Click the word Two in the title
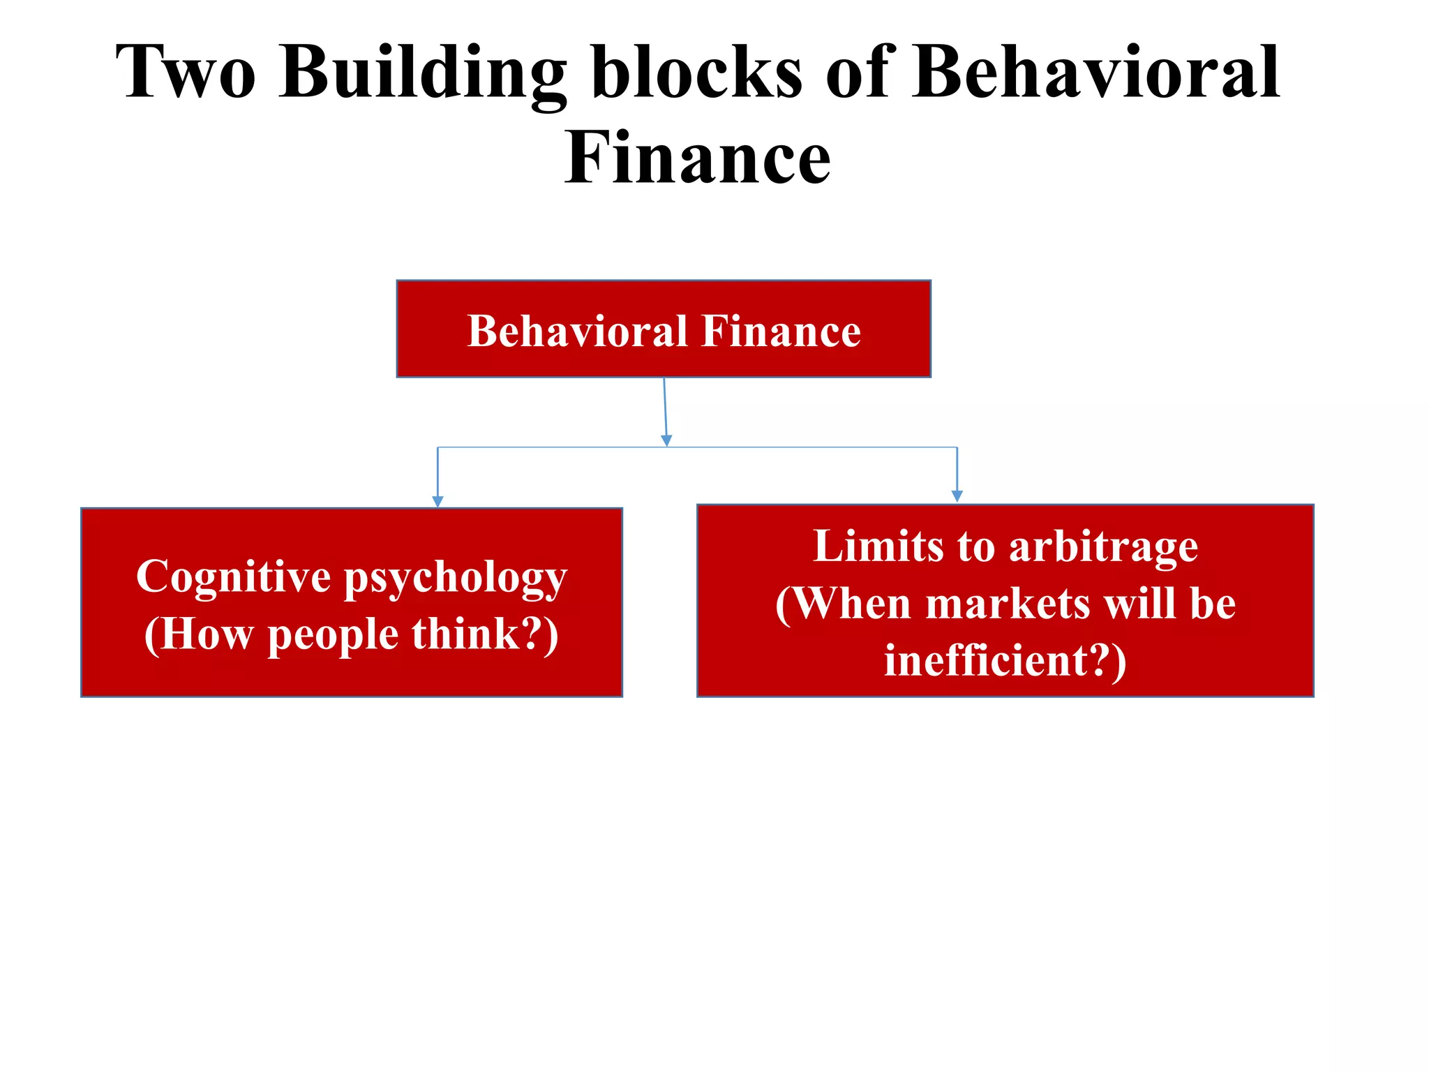tap(186, 73)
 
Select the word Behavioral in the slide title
tap(1096, 73)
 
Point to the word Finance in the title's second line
tap(698, 159)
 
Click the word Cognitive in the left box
tap(233, 578)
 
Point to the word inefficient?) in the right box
tap(1005, 660)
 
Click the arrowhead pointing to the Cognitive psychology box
tap(437, 501)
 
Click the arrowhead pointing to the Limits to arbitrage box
tap(957, 496)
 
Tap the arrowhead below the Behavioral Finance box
tap(666, 440)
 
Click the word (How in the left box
tap(198, 635)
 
